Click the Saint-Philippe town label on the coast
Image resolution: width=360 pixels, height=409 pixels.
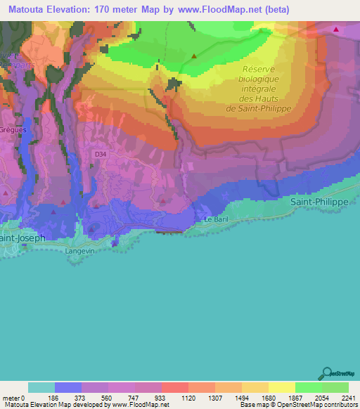tap(319, 201)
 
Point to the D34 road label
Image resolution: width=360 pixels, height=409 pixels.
tap(101, 152)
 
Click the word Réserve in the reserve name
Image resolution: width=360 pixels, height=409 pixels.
tap(259, 69)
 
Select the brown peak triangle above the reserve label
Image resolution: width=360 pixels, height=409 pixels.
tap(194, 56)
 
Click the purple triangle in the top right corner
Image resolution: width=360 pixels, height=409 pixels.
tap(336, 30)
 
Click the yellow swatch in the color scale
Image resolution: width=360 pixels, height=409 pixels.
tap(281, 388)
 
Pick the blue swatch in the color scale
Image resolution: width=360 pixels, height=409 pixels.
tap(67, 388)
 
